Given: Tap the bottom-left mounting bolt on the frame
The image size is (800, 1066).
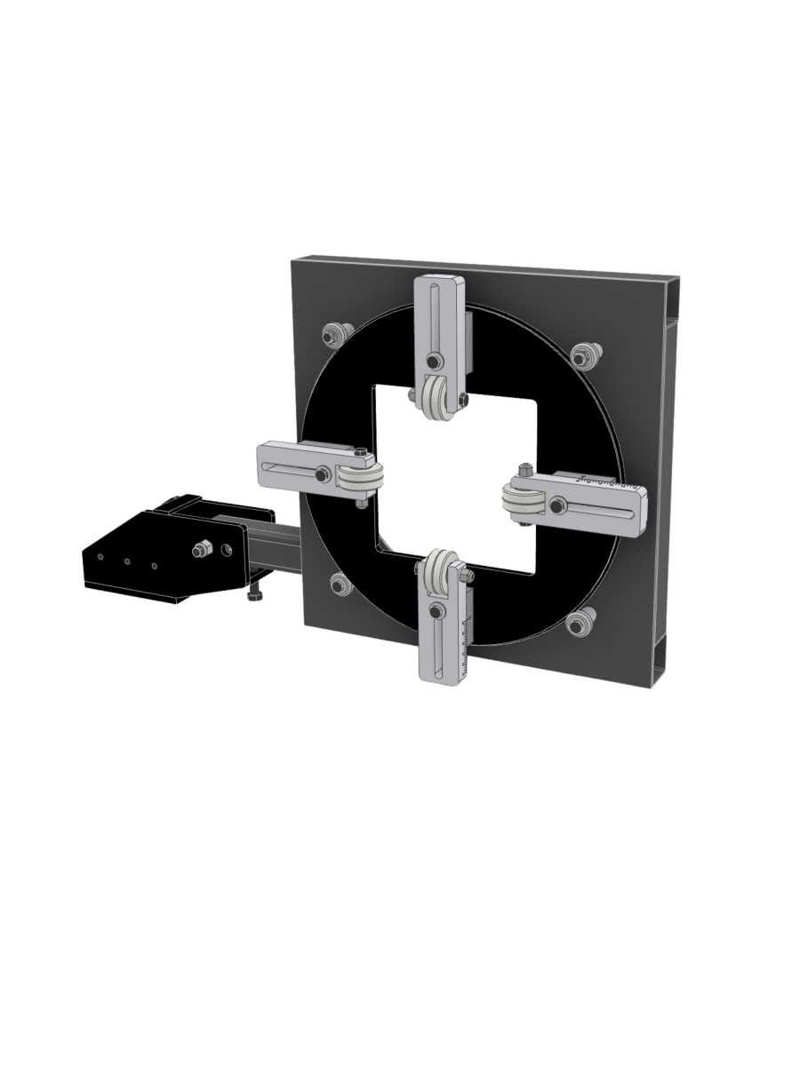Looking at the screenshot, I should pos(339,585).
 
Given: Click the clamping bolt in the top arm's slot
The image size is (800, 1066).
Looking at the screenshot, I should pos(432,362).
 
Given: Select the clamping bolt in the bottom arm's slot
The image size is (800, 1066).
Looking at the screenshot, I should pos(436,611).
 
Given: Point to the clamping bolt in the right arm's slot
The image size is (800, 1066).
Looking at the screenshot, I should pos(556,506).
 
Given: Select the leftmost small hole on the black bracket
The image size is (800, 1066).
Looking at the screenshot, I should pos(100,557).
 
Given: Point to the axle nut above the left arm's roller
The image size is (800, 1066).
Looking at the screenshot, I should pos(358,456).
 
